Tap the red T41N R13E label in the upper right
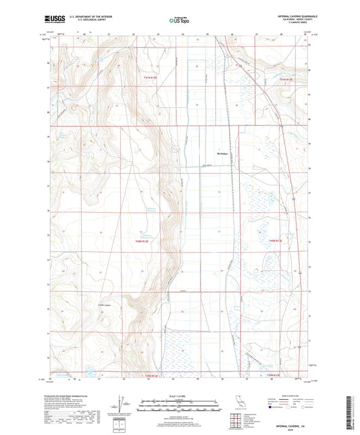[286, 79]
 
